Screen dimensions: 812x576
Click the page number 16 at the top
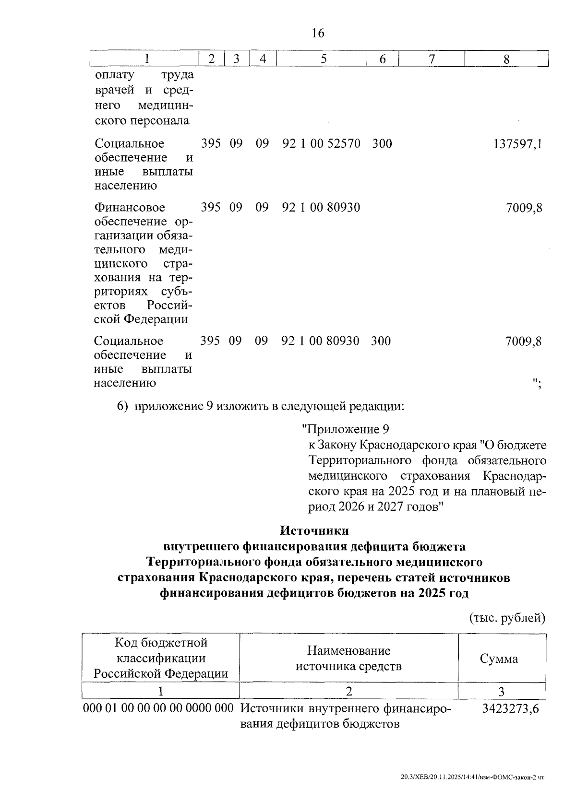click(318, 33)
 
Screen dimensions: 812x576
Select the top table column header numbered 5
click(324, 59)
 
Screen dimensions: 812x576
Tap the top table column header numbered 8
click(506, 59)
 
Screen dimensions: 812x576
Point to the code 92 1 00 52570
click(321, 143)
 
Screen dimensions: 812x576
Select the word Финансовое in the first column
click(130, 208)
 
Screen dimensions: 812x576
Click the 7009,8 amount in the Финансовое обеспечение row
click(524, 208)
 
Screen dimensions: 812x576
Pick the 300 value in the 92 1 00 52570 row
click(382, 143)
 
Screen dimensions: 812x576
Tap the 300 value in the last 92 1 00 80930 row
click(381, 341)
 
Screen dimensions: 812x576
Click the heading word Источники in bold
click(314, 531)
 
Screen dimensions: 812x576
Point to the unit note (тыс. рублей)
click(507, 618)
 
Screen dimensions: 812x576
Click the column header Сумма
click(499, 659)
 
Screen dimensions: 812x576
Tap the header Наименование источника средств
click(348, 659)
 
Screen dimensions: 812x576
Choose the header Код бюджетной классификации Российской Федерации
click(160, 658)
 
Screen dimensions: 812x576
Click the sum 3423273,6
click(510, 708)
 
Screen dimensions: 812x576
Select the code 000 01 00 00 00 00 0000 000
click(158, 708)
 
